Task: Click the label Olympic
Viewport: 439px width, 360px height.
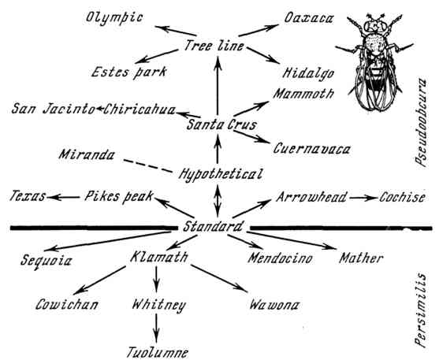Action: [114, 18]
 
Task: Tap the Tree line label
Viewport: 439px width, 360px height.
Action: [214, 46]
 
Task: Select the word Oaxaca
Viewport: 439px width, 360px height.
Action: [309, 18]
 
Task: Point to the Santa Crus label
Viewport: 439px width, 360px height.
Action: [221, 124]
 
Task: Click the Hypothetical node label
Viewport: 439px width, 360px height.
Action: [221, 174]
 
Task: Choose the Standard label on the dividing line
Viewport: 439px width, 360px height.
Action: [213, 226]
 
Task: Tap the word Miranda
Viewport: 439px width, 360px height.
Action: [87, 155]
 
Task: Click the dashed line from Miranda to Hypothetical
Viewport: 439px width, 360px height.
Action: [148, 165]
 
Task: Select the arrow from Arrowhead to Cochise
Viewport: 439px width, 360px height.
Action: [363, 198]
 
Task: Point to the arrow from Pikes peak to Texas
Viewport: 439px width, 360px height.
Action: [64, 198]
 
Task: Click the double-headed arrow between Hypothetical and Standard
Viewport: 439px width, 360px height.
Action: [218, 201]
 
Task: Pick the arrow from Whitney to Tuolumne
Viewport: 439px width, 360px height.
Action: [156, 328]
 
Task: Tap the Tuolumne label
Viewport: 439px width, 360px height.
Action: [158, 352]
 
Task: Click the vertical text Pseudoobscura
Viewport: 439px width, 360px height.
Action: [421, 123]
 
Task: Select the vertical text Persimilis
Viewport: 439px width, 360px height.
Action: [421, 310]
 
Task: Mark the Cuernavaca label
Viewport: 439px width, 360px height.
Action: [311, 149]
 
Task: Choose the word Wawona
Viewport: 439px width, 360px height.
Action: [274, 305]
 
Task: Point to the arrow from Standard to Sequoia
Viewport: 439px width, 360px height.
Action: [108, 241]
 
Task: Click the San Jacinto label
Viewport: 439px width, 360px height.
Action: [53, 109]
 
